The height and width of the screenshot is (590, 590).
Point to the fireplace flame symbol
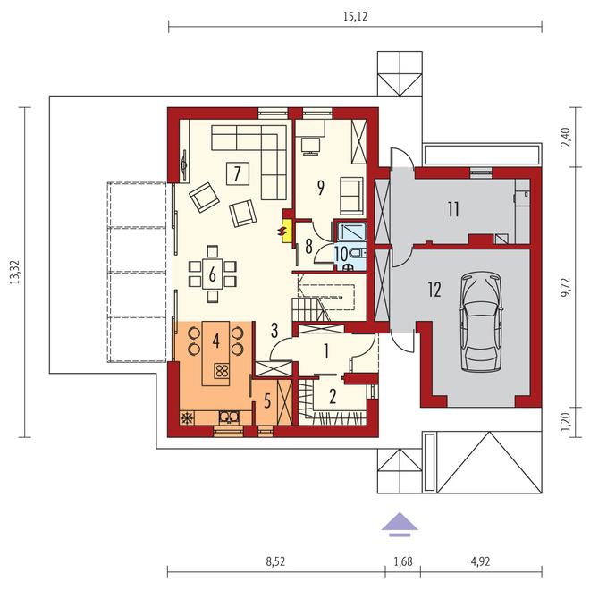tap(285, 231)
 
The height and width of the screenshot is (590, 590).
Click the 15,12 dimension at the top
tap(354, 14)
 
